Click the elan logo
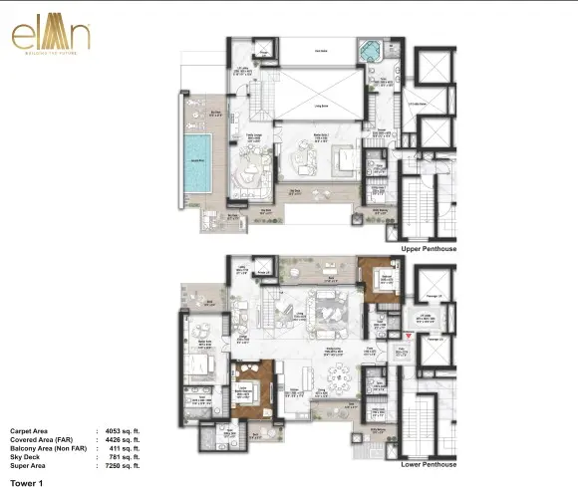tap(49, 36)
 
